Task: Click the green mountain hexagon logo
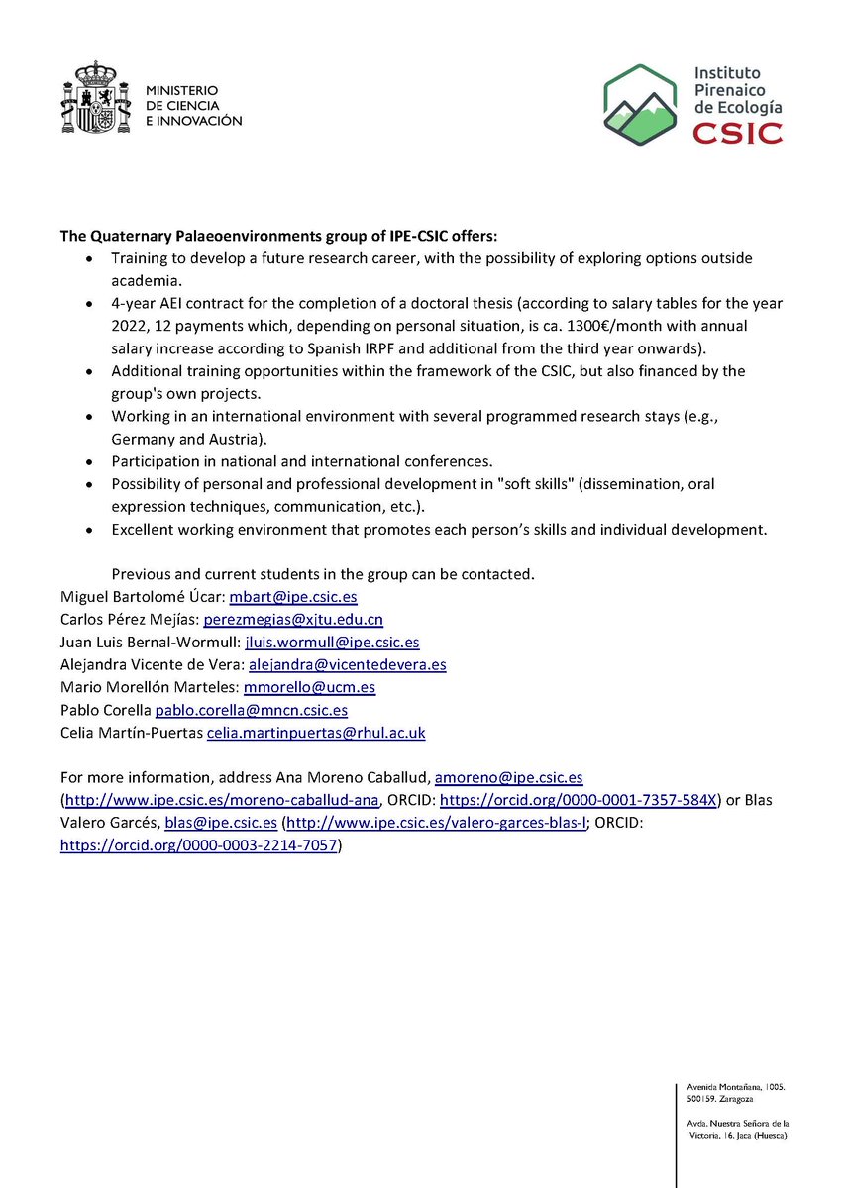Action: (648, 104)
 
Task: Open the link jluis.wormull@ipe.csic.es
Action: (332, 642)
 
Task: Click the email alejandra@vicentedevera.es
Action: (351, 664)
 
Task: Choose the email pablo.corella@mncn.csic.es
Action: (252, 710)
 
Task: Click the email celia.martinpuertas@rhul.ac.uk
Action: (315, 733)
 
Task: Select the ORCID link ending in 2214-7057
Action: (199, 845)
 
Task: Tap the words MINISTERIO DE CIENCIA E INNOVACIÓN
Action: (193, 105)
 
